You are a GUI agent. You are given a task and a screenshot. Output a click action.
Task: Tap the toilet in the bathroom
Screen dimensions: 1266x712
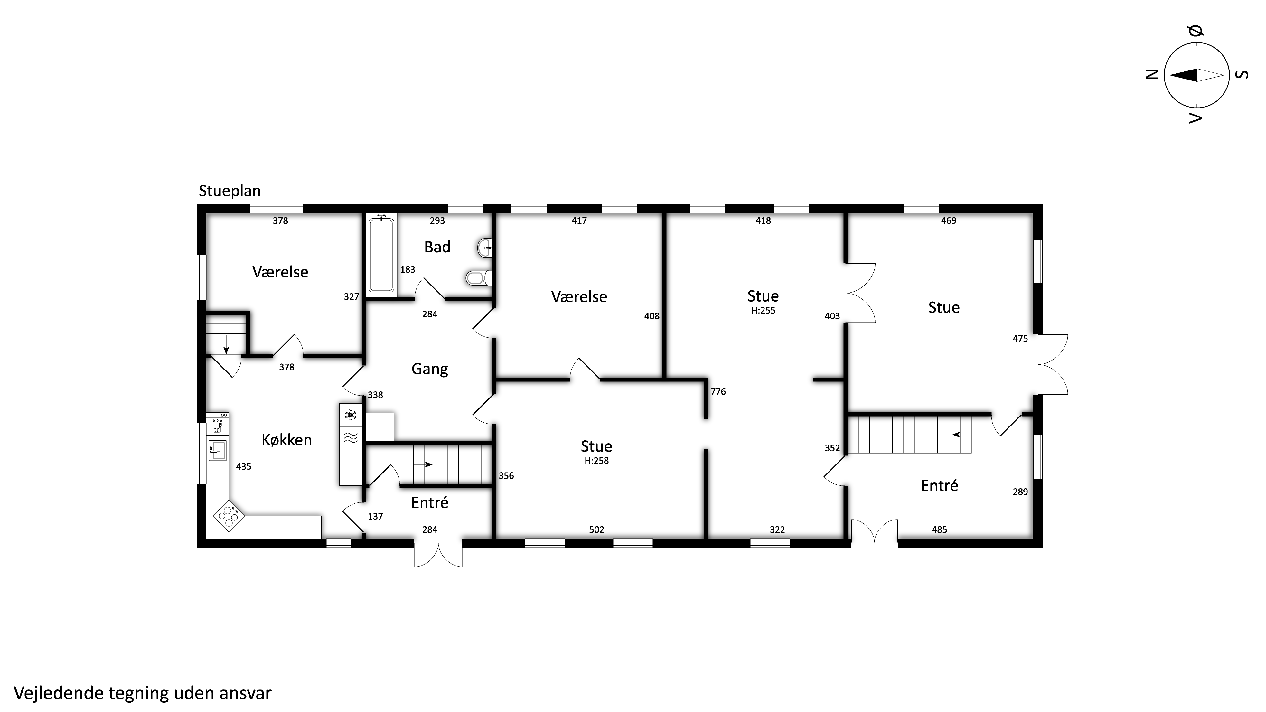(x=478, y=278)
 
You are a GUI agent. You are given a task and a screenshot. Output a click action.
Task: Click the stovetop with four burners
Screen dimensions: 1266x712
(x=229, y=515)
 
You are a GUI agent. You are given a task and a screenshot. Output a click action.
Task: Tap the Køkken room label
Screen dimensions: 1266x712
(x=286, y=440)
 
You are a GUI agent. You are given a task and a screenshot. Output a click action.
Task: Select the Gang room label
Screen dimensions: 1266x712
(x=429, y=369)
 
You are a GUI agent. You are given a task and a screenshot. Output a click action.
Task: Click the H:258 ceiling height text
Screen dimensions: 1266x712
(x=597, y=460)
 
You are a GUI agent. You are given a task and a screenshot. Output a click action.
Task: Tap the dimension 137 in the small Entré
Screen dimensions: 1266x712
(x=375, y=516)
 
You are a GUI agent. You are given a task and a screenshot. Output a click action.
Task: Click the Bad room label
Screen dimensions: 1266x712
(x=437, y=247)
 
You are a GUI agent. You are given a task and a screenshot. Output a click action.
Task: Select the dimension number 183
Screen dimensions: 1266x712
(x=408, y=269)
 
